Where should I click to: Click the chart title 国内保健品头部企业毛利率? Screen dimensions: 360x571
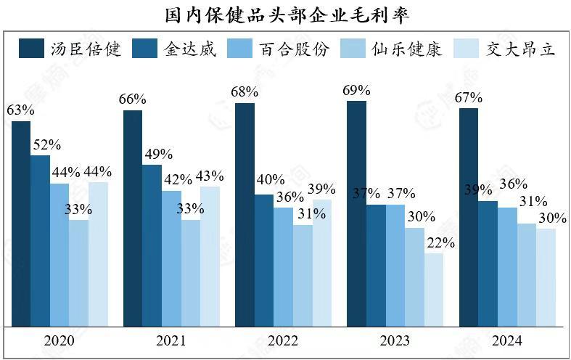coord(286,13)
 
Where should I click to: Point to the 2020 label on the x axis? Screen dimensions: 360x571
coord(59,341)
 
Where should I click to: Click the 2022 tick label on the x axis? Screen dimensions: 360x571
coord(283,341)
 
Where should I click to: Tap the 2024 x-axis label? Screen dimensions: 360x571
coord(506,341)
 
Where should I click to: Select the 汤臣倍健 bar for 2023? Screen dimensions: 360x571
coord(356,213)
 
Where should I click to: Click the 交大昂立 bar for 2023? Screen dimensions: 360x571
coord(434,290)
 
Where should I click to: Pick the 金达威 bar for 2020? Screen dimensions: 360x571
coord(40,241)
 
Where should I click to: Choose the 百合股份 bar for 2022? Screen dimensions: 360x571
coord(283,267)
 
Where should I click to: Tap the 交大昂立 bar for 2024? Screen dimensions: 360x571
coord(546,277)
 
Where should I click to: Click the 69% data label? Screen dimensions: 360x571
coord(356,91)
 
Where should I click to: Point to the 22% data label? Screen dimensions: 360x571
coord(440,242)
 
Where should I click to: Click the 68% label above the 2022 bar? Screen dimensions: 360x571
coord(245,93)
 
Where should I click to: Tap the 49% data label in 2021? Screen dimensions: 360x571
coord(157,155)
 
